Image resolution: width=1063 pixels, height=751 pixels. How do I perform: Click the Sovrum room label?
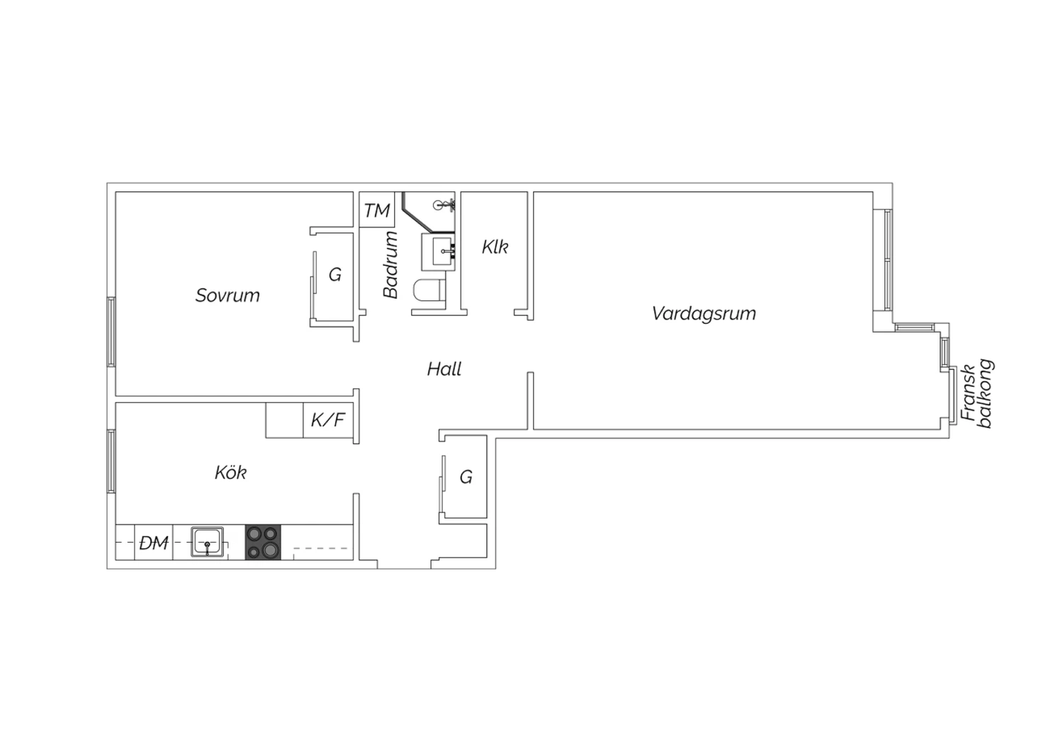click(x=227, y=295)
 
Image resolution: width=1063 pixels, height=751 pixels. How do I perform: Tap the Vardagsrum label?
click(x=704, y=314)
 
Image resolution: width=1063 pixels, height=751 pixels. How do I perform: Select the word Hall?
click(x=444, y=369)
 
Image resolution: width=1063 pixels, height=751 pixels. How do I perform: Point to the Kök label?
click(x=230, y=472)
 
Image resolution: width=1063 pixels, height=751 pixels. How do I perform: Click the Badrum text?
click(x=390, y=265)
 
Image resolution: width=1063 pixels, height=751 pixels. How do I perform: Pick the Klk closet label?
click(x=495, y=247)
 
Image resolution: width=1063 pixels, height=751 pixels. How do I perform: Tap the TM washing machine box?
click(x=377, y=210)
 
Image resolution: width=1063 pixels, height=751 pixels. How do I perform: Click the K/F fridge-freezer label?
click(x=328, y=420)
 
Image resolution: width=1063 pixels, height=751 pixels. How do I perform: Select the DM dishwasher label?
click(x=154, y=543)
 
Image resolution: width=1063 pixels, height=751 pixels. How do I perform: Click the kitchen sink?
click(x=207, y=542)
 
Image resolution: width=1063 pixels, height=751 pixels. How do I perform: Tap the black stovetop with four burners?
click(x=263, y=542)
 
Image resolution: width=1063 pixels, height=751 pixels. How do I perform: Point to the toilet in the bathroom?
click(x=429, y=290)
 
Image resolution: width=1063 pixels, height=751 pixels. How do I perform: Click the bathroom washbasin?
click(x=438, y=252)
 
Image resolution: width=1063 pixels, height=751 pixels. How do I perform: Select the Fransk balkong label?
click(x=977, y=393)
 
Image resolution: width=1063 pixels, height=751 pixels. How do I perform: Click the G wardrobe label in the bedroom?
click(x=335, y=275)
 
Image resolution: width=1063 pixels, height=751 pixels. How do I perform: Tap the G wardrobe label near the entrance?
click(x=466, y=477)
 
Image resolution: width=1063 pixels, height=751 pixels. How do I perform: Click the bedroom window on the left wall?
click(x=111, y=332)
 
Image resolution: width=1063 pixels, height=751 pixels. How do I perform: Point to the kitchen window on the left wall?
click(x=111, y=461)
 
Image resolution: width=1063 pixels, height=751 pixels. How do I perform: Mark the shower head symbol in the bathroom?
click(x=444, y=205)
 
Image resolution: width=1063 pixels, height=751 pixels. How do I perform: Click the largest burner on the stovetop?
click(x=271, y=550)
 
